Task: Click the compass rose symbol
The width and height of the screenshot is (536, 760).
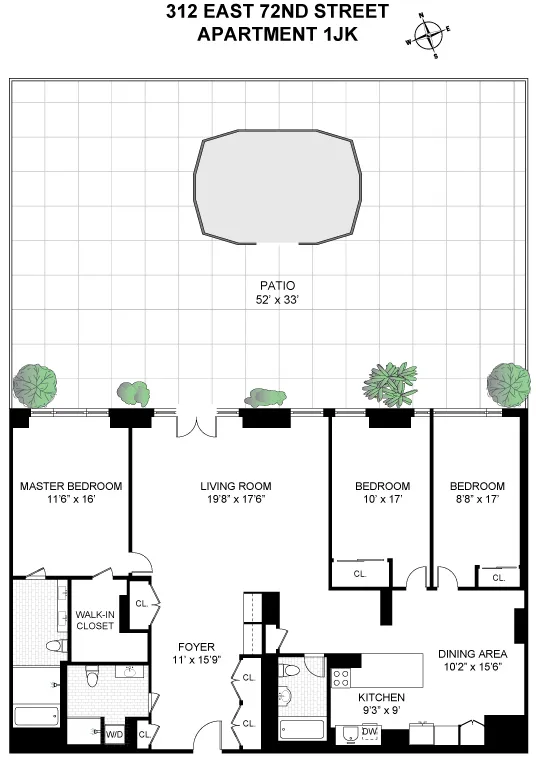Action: point(428,36)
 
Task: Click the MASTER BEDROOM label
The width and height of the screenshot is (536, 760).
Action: point(71,487)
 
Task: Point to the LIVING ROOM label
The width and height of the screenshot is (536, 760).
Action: point(231,487)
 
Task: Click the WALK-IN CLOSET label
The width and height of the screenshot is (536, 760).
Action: point(95,620)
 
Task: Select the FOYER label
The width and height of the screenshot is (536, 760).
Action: point(195,647)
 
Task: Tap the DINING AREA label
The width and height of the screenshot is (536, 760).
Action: point(472,655)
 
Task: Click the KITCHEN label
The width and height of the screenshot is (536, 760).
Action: point(381,697)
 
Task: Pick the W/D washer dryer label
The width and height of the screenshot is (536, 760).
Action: point(115,735)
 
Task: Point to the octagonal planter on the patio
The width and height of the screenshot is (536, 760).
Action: point(278,187)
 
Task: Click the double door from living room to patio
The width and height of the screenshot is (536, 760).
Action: point(195,424)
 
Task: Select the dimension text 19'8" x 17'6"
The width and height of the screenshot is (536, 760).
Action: point(231,500)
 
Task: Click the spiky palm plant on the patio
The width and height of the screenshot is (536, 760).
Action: point(388,384)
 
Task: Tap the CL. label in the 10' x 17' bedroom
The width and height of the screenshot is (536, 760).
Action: point(358,574)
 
